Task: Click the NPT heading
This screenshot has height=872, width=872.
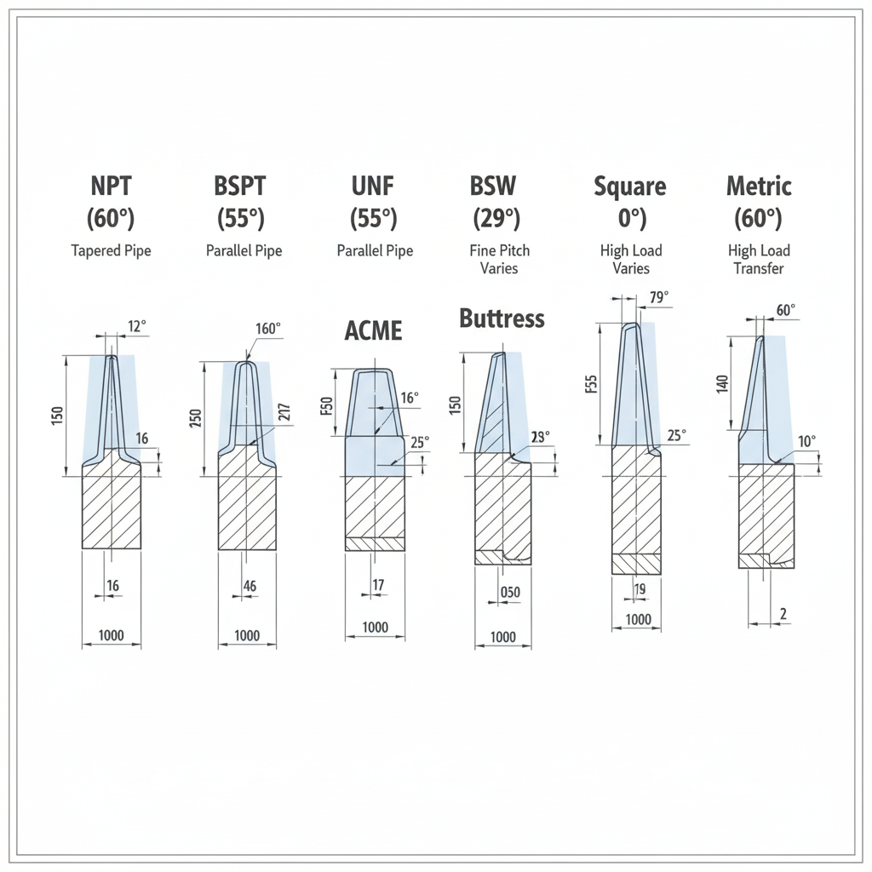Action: click(x=112, y=186)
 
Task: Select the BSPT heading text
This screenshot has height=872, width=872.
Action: click(x=240, y=186)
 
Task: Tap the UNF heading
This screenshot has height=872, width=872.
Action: click(x=373, y=186)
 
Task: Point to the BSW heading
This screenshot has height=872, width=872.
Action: click(x=493, y=186)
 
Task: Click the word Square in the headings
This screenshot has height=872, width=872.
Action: click(x=630, y=186)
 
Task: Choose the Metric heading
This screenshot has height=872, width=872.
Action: click(x=759, y=186)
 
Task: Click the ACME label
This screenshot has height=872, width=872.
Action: click(x=373, y=331)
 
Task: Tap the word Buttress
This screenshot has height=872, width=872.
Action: click(x=502, y=318)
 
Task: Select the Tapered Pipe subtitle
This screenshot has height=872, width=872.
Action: click(x=112, y=251)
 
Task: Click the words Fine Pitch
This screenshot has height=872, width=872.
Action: click(x=499, y=250)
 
